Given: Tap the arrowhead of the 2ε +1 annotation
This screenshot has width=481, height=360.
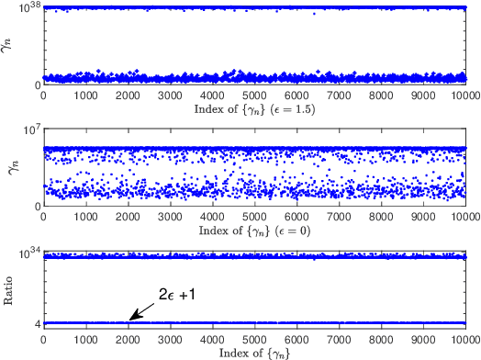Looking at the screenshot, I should point(130,320).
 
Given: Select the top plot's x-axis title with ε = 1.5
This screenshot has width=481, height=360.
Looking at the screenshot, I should point(254,109).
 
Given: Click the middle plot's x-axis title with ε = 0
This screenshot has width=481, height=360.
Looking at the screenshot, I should point(254,230).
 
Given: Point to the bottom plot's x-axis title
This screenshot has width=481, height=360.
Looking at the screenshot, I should point(254,351).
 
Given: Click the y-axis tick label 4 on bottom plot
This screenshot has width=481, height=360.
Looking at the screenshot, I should point(37,324).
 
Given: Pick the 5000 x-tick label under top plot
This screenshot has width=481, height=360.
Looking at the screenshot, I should point(254,96).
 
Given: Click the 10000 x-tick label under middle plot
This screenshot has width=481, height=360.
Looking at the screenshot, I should point(464,217).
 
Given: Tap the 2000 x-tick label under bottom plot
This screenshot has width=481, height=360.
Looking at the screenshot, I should point(128,338).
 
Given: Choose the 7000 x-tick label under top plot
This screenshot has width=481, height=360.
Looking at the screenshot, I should point(340,96).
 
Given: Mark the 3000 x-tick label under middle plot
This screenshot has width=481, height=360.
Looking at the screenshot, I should point(170,217).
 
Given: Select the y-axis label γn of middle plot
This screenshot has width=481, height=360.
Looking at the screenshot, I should point(11,165).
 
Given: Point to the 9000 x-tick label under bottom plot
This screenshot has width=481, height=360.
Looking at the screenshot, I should point(424,338).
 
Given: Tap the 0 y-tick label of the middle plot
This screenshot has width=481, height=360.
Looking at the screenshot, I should point(38,207).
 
